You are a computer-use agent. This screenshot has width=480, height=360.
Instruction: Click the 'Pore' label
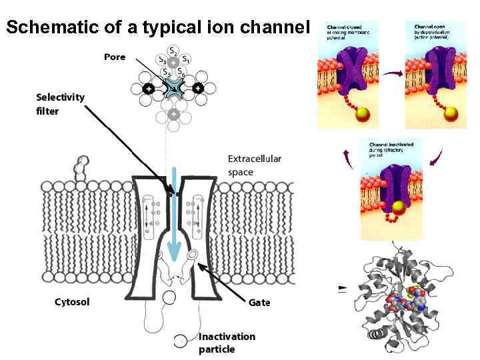tap(114, 57)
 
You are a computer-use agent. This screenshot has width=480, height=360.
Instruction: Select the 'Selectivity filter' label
tap(61, 104)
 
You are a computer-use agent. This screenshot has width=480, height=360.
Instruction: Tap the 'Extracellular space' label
tap(255, 165)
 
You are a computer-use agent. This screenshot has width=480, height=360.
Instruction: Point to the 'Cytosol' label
tap(72, 302)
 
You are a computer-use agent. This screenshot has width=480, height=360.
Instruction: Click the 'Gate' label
tap(259, 302)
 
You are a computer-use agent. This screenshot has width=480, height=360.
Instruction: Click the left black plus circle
tap(148, 88)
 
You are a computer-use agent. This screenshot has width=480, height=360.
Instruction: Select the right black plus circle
tap(198, 88)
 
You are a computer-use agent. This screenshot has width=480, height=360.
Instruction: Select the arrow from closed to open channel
tap(391, 74)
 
